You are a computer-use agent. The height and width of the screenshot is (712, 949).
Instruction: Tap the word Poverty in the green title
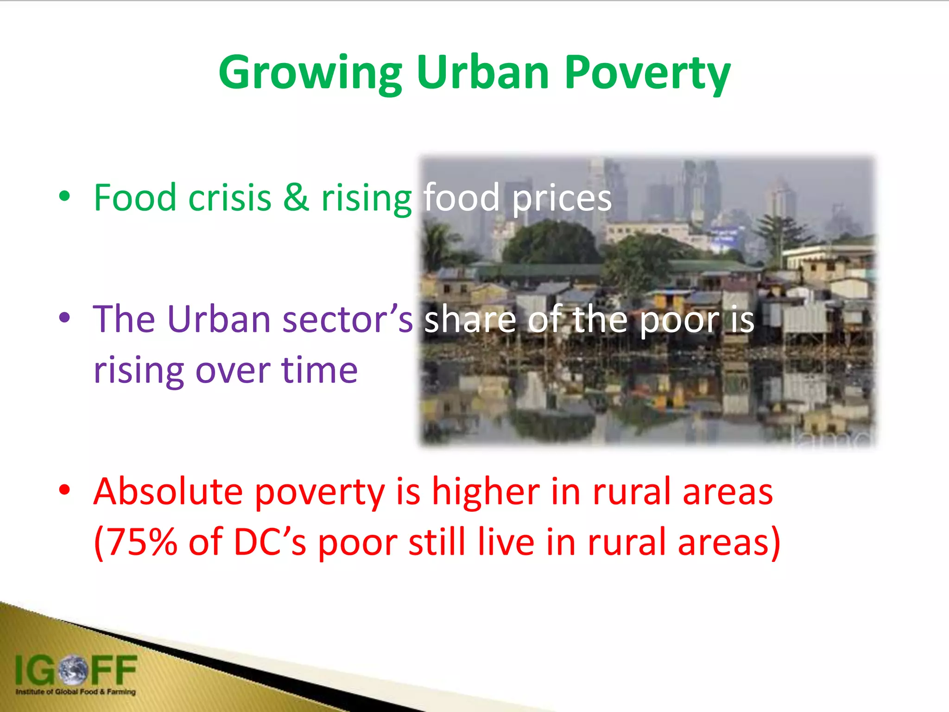(x=647, y=73)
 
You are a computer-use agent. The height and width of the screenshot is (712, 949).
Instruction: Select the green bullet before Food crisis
(x=64, y=197)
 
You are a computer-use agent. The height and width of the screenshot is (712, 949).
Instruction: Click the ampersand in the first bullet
(x=296, y=197)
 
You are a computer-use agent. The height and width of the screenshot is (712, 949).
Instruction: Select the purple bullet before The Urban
(x=64, y=318)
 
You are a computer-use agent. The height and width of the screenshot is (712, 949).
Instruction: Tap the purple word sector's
(x=347, y=320)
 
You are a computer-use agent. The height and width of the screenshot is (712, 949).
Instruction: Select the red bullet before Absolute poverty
(x=64, y=489)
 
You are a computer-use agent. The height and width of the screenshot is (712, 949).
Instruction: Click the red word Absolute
(x=168, y=491)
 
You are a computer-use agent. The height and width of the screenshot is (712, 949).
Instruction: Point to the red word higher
(x=486, y=491)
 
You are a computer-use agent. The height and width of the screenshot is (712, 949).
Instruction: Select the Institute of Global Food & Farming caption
(x=76, y=692)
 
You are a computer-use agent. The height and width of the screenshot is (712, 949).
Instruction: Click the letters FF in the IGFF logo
(x=114, y=670)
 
